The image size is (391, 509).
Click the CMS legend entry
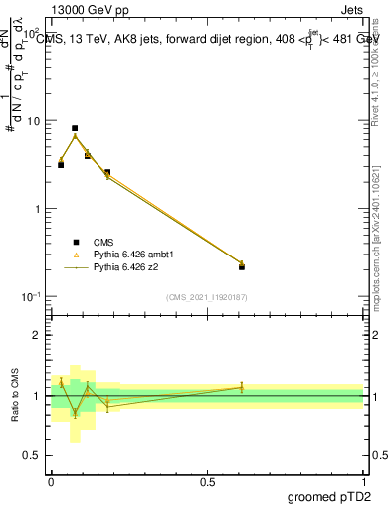[102, 242]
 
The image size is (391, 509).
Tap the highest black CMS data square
[75, 128]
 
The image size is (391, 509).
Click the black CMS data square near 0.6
[242, 266]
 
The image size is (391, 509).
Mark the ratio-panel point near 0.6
[242, 387]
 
